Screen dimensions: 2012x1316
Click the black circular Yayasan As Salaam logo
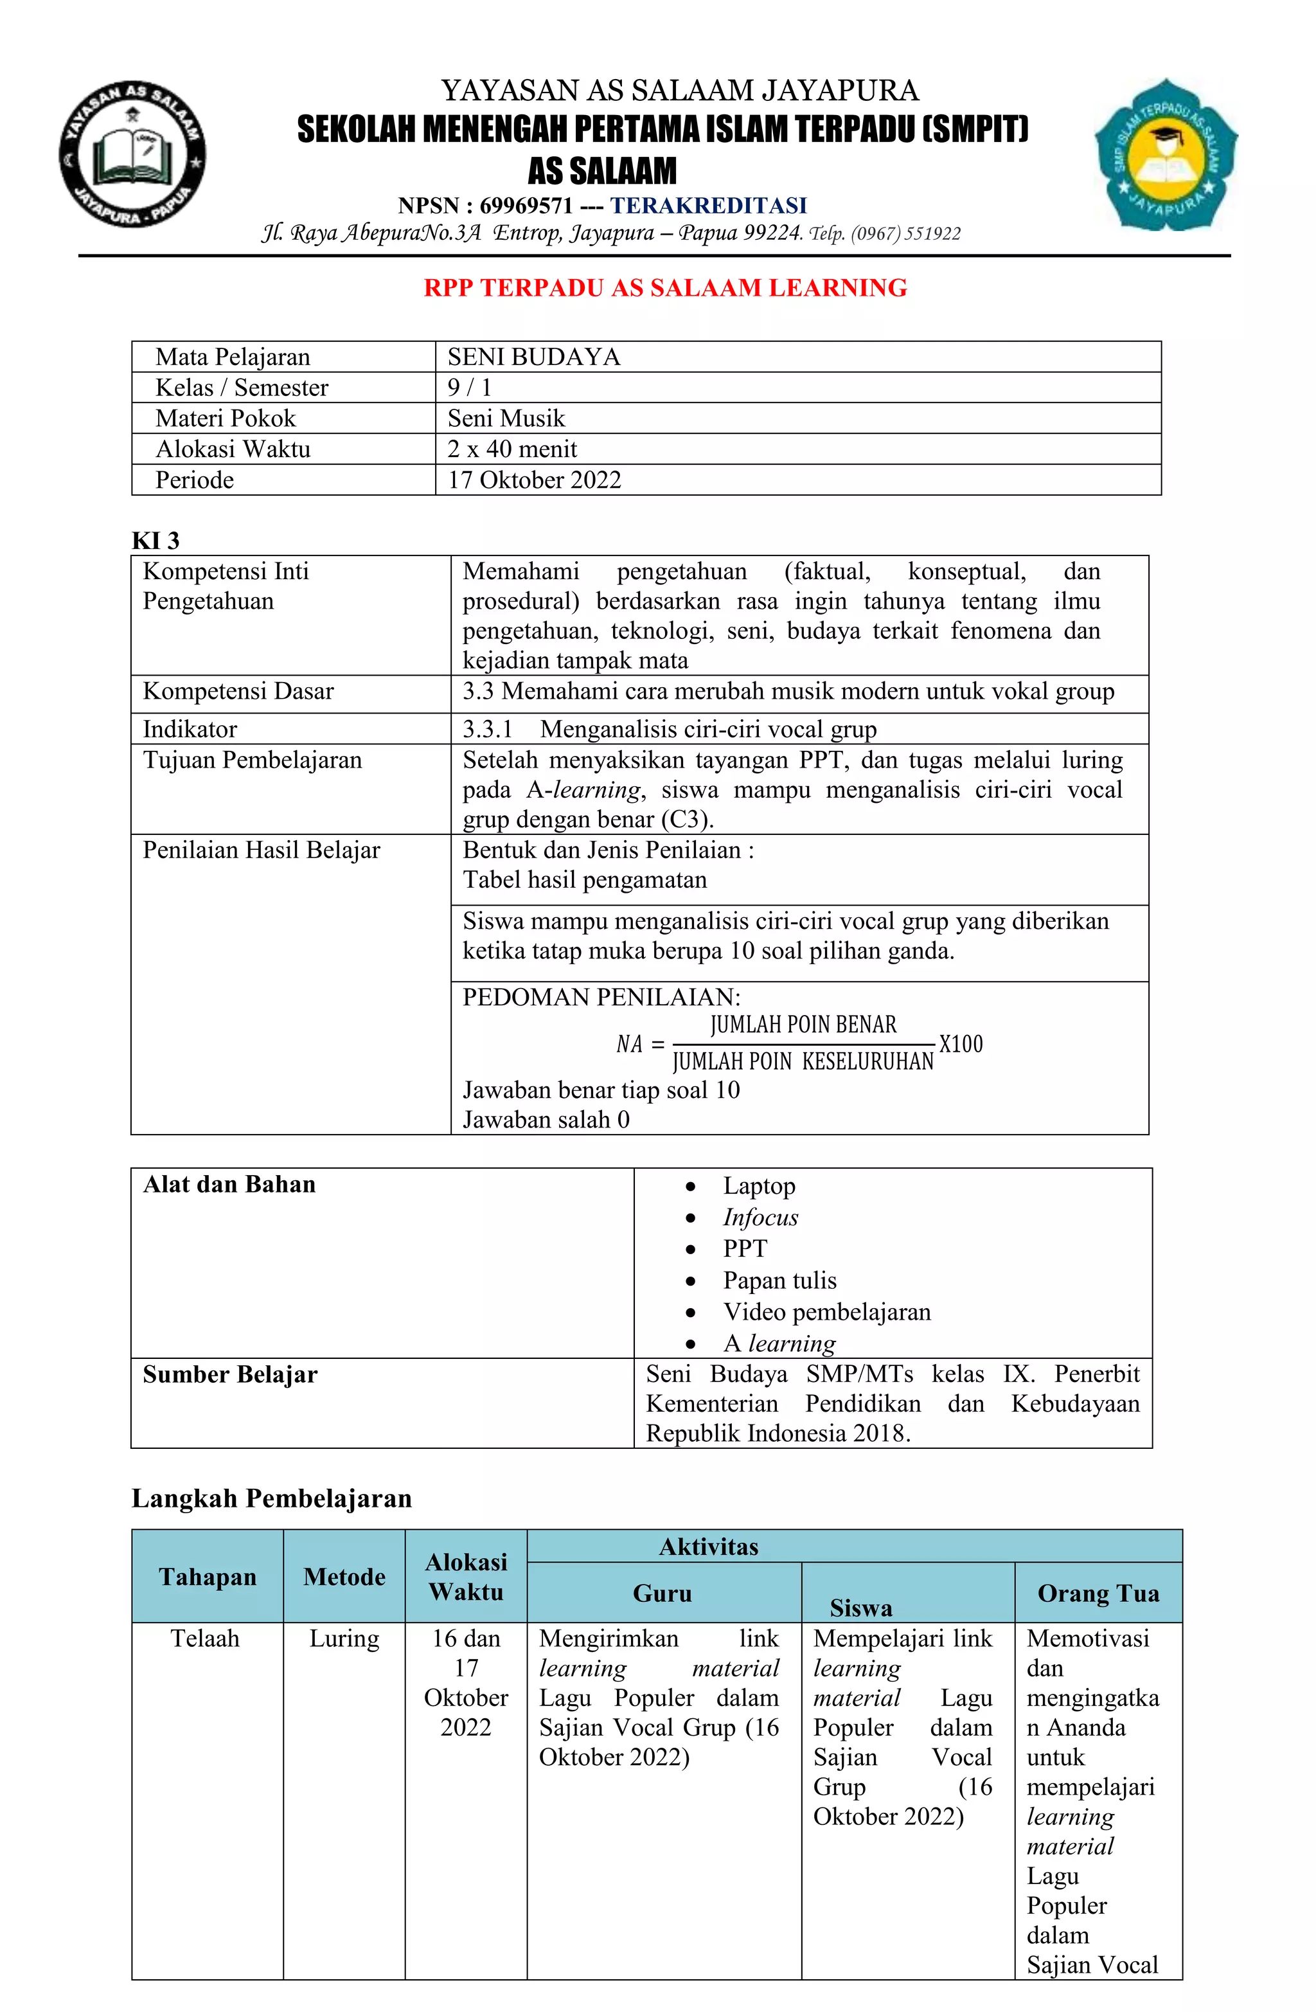click(133, 155)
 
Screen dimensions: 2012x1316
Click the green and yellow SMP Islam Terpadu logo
click(1166, 156)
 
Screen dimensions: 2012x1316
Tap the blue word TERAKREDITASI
click(708, 206)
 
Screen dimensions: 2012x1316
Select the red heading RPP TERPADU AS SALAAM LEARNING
click(664, 287)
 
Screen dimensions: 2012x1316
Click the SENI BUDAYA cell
click(533, 357)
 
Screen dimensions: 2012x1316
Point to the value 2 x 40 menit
click(511, 449)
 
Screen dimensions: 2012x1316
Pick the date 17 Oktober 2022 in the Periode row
click(534, 480)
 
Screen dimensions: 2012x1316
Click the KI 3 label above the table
click(156, 540)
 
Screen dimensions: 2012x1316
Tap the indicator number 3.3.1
click(487, 729)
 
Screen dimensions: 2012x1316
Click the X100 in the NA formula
click(961, 1044)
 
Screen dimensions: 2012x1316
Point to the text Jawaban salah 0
click(545, 1120)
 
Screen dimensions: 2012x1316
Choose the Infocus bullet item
click(760, 1217)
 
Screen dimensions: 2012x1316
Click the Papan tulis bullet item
click(779, 1280)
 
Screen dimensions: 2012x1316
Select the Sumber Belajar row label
click(230, 1374)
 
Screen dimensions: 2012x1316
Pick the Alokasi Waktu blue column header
click(466, 1577)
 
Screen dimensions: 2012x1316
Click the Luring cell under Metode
click(344, 1639)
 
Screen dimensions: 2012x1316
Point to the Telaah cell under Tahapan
click(206, 1639)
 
